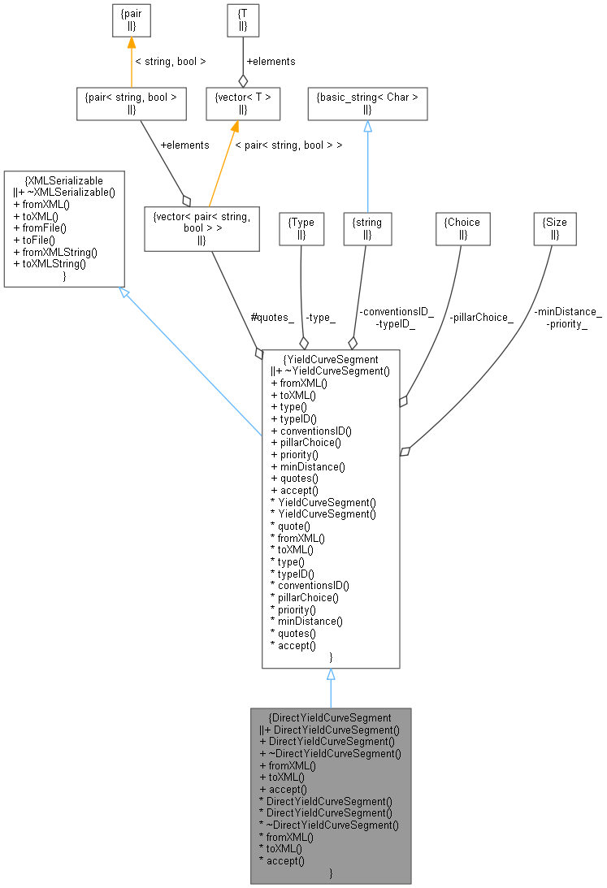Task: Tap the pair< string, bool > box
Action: coord(131,104)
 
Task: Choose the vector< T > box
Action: coord(242,104)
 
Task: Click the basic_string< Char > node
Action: coord(367,104)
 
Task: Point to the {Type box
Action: coord(301,227)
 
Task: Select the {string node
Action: coord(367,227)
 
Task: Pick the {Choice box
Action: coord(462,227)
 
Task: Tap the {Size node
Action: coord(554,227)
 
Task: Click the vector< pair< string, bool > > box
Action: coord(201,227)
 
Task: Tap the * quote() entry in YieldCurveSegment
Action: coord(290,526)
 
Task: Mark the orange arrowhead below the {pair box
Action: coord(131,43)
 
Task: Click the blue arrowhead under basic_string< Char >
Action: coord(367,127)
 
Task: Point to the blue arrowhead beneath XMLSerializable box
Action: coord(124,292)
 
